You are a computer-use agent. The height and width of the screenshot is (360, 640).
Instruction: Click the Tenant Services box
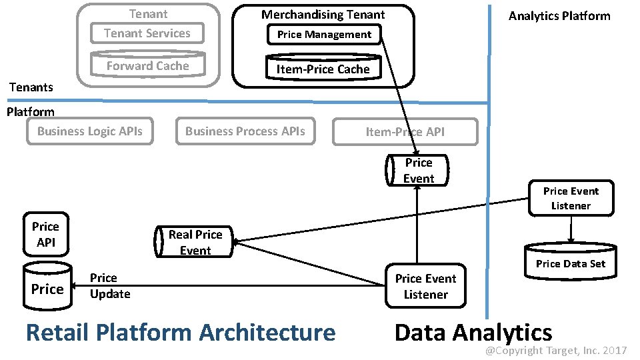coord(147,33)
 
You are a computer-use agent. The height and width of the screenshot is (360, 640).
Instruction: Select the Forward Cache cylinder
coord(147,65)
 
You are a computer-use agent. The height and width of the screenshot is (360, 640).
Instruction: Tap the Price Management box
coord(324,35)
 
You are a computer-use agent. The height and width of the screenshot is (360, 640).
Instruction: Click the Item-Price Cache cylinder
coord(323,69)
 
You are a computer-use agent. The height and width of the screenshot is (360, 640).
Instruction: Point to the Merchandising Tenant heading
coord(323,14)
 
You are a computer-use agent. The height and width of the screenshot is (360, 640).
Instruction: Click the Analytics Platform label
coord(559,16)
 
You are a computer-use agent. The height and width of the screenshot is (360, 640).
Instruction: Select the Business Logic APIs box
coord(89,131)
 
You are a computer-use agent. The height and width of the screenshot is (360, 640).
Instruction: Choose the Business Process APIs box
coord(245,131)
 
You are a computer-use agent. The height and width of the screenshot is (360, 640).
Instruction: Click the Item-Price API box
coord(405,132)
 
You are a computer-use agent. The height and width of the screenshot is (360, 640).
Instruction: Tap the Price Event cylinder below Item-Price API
coord(418,171)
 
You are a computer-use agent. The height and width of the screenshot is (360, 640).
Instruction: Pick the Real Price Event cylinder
coord(194,243)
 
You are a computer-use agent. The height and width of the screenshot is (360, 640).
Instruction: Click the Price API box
coord(45,235)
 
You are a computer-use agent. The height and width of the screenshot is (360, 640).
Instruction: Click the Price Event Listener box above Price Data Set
coord(571,199)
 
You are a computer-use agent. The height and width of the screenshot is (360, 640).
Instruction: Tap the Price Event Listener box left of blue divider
coord(425,287)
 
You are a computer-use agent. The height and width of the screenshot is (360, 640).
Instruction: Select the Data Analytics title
coord(473,332)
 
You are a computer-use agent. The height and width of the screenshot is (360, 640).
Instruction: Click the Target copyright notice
coord(555,350)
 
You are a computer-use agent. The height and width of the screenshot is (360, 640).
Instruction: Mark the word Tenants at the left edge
coord(31,87)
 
